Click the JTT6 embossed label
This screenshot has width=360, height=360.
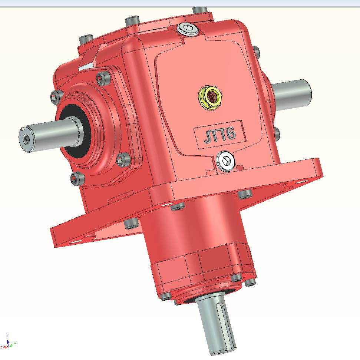[219, 135]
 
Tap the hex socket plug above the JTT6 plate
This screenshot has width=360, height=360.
[188, 29]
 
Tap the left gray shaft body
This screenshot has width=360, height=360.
[52, 133]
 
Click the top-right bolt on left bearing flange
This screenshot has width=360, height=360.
[103, 78]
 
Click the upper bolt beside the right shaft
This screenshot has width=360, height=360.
[256, 52]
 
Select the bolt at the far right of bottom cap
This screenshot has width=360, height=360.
[251, 283]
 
